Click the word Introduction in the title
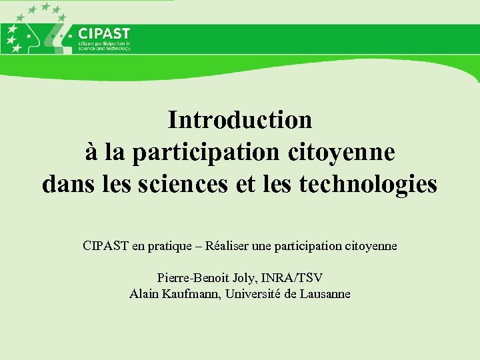pos(240,120)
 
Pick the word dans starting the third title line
pos(64,183)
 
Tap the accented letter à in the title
pos(92,152)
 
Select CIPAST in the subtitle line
pos(106,246)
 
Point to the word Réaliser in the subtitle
pos(228,246)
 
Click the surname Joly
pos(239,277)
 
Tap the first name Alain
pos(144,294)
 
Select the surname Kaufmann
pos(193,294)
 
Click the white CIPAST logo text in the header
pos(104,33)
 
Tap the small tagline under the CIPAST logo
pos(105,46)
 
